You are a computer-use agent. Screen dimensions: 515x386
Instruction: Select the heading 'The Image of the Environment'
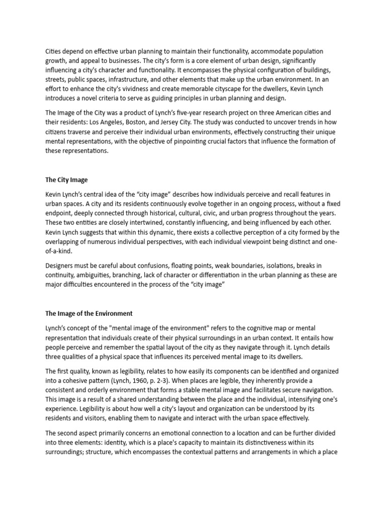tap(89, 313)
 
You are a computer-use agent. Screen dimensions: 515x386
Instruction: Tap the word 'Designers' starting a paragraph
tap(61, 266)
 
